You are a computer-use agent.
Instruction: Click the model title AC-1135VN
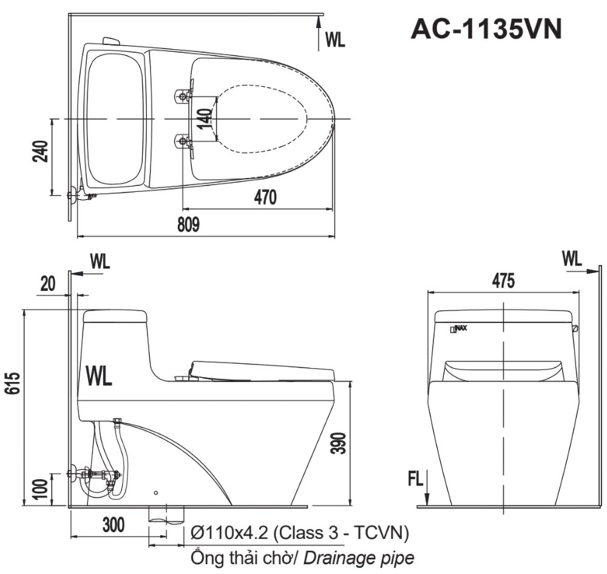pos(486,29)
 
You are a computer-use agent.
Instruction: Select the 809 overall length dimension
pos(189,225)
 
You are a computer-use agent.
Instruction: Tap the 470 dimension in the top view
pos(265,197)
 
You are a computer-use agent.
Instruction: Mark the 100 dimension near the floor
pos(41,490)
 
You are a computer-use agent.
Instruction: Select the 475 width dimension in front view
pos(503,281)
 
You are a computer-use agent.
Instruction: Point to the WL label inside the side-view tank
pos(99,375)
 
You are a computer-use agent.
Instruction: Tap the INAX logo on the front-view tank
pos(458,329)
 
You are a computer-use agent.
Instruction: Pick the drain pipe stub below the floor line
pos(166,513)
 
